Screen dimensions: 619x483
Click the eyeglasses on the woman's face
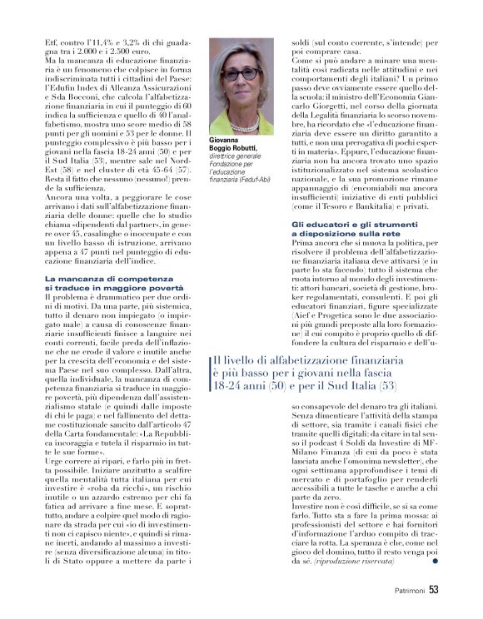tap(242, 74)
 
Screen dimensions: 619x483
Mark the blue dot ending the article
tap(434, 562)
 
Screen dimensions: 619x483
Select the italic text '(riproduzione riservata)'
tap(357, 562)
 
